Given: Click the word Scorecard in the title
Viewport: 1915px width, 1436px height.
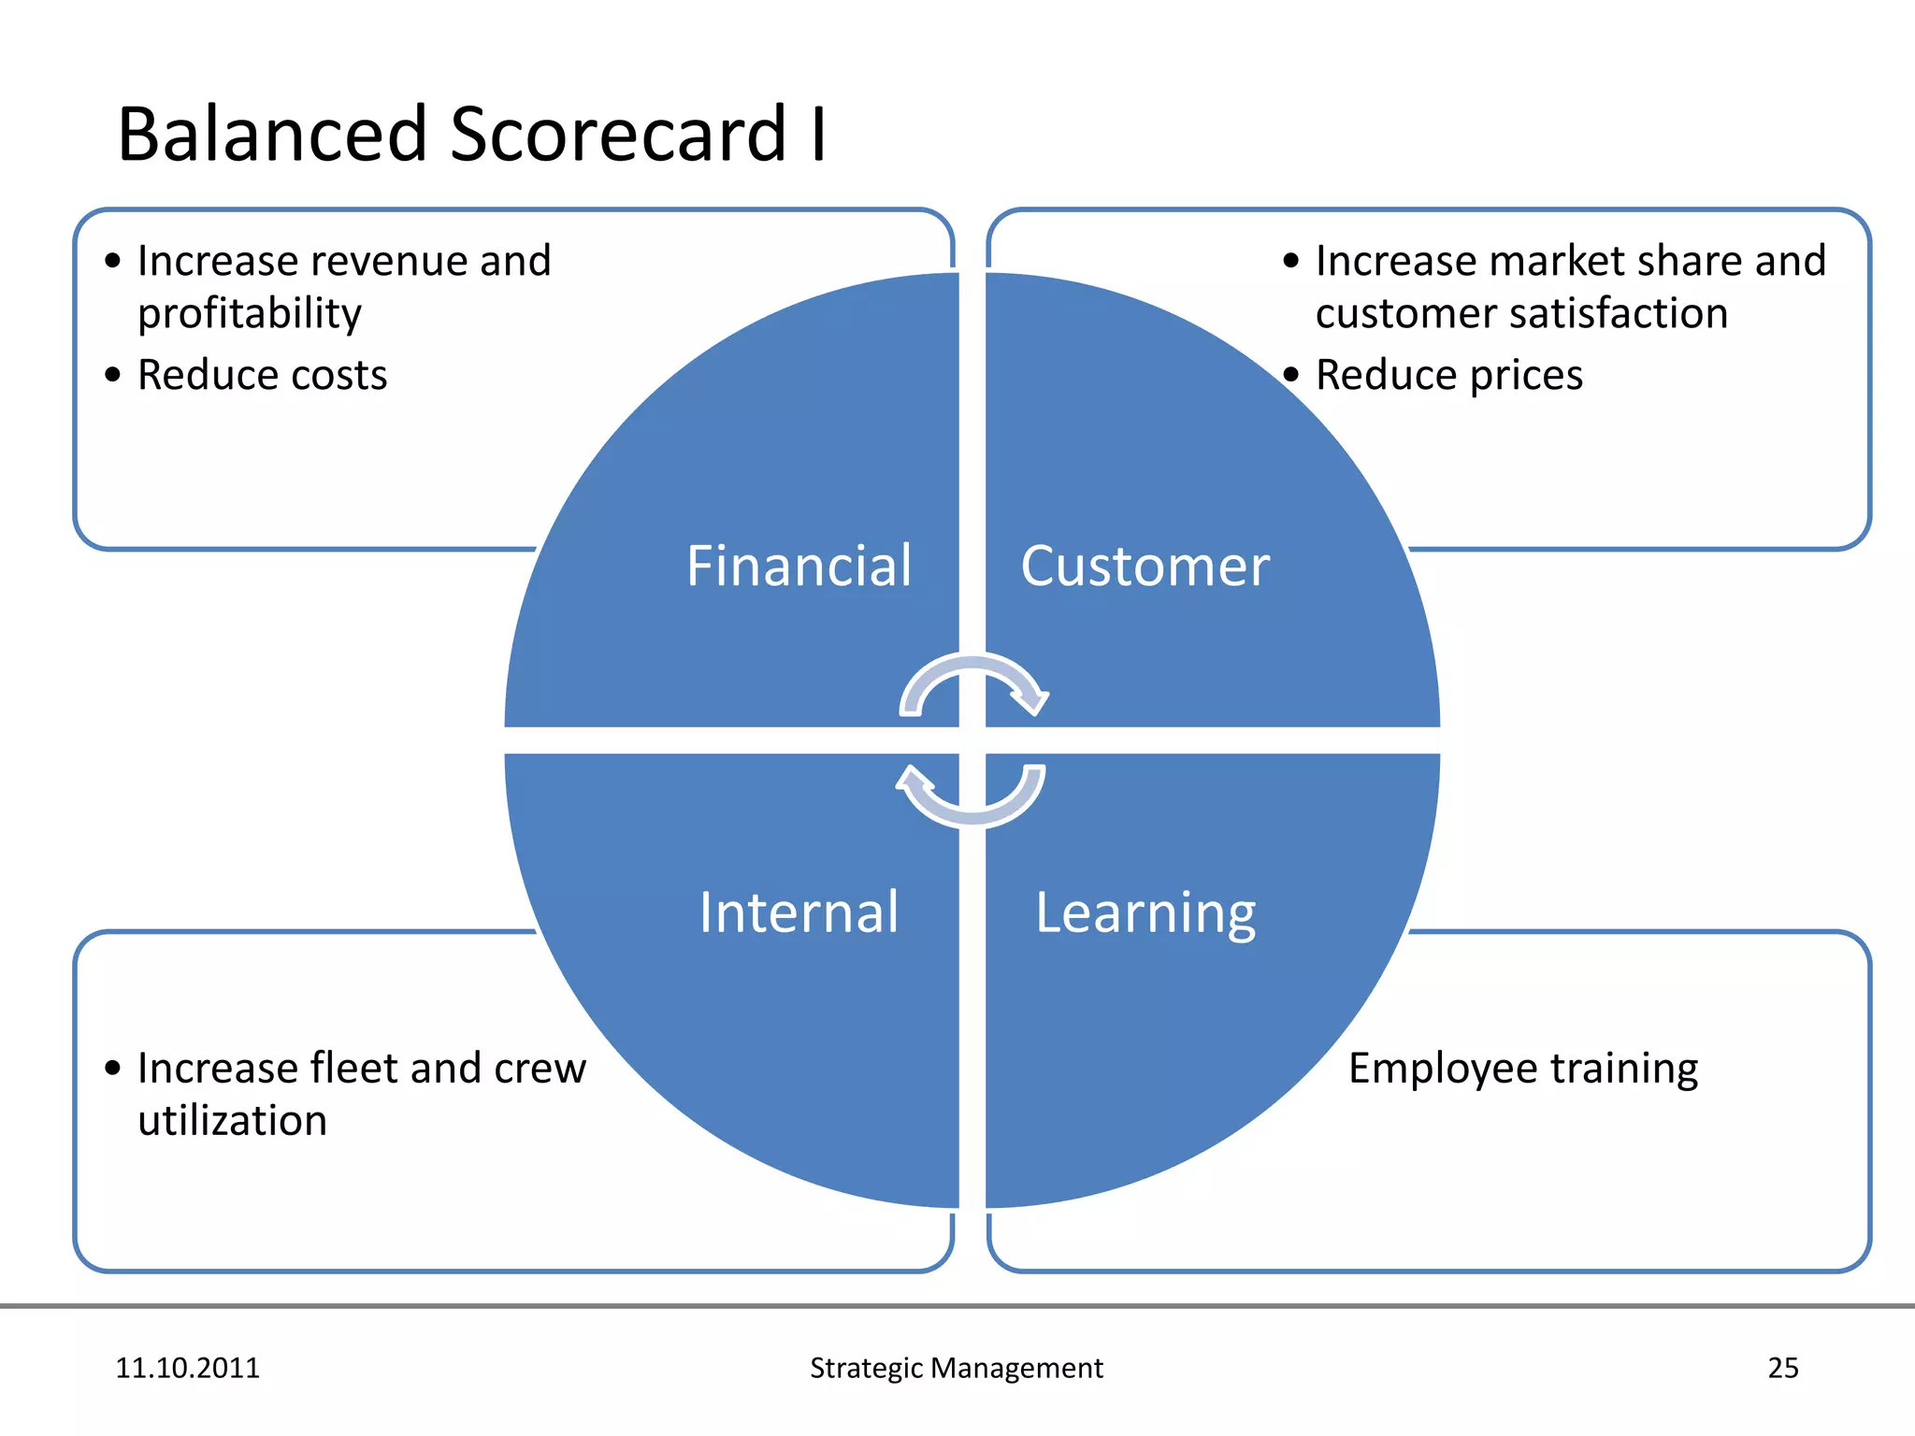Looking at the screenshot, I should pyautogui.click(x=618, y=135).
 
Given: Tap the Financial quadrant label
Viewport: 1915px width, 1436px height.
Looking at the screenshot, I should pyautogui.click(x=799, y=567).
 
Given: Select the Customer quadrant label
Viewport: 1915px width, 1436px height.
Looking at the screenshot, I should pyautogui.click(x=1145, y=567).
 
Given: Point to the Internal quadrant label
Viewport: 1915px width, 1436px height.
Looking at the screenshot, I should pyautogui.click(x=799, y=912).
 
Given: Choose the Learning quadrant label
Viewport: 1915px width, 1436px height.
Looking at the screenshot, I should pyautogui.click(x=1145, y=913).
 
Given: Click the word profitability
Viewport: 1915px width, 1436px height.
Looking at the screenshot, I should pyautogui.click(x=249, y=314).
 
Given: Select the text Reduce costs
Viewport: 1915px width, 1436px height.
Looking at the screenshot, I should pyautogui.click(x=262, y=375).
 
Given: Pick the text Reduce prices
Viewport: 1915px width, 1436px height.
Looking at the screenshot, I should pyautogui.click(x=1448, y=375).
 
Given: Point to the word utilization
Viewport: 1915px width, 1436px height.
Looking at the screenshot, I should pyautogui.click(x=232, y=1121).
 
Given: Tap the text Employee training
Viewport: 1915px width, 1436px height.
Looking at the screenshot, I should pyautogui.click(x=1522, y=1069).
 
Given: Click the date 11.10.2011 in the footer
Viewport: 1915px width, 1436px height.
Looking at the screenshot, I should pyautogui.click(x=187, y=1368).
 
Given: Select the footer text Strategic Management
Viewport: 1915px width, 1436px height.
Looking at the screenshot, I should pyautogui.click(x=956, y=1368).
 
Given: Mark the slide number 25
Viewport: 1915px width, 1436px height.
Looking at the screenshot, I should pyautogui.click(x=1782, y=1368).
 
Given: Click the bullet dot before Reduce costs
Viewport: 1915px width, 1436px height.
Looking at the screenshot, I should pyautogui.click(x=113, y=376).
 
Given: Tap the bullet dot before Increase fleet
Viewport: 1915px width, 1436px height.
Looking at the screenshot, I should pyautogui.click(x=113, y=1069).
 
